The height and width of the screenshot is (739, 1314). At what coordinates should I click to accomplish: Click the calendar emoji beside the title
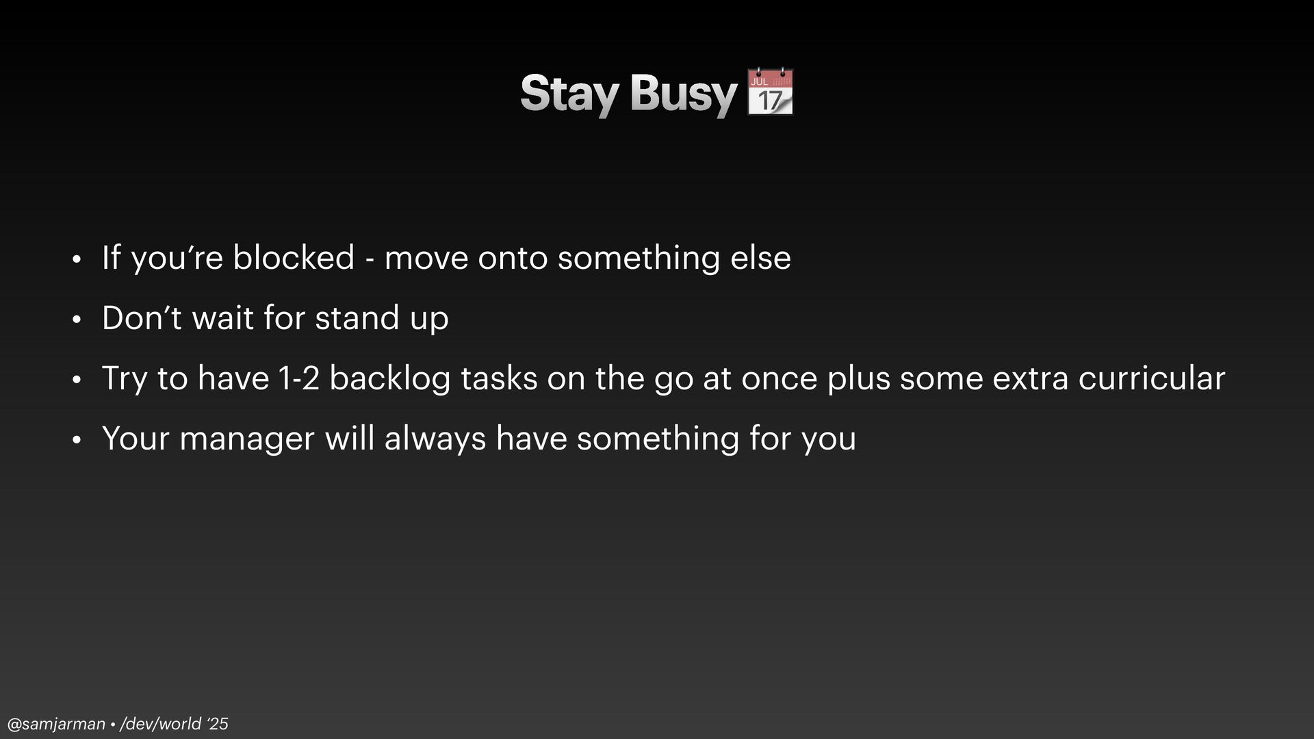770,91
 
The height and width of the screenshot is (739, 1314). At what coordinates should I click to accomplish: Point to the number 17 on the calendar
770,101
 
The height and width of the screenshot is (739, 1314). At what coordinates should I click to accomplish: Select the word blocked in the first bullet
294,258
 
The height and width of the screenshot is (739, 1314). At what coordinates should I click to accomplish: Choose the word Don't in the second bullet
142,318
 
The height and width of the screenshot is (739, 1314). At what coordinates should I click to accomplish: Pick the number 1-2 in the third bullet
299,378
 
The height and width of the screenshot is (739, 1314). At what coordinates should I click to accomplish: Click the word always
435,439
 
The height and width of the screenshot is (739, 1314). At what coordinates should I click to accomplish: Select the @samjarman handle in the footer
56,724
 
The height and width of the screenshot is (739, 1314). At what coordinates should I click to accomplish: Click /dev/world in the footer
161,724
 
